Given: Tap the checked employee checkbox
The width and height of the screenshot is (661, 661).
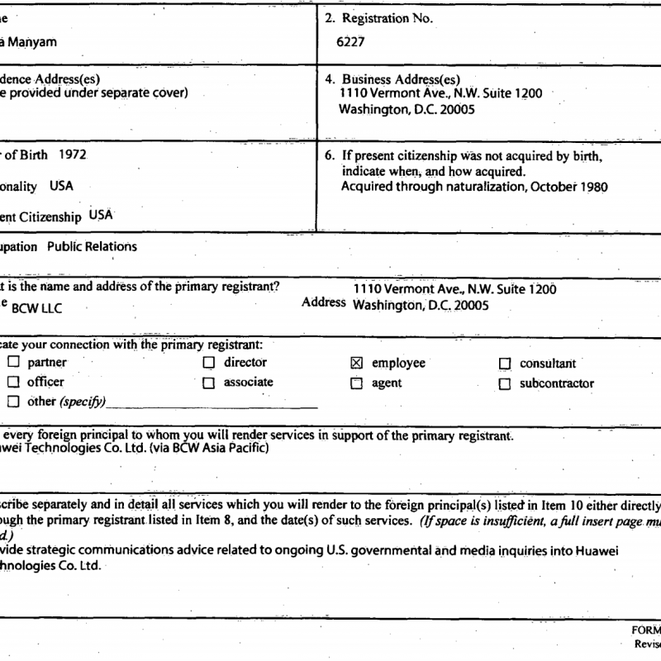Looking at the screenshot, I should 357,364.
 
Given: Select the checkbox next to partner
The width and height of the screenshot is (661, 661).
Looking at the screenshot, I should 13,363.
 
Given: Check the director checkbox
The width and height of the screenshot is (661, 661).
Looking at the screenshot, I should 209,363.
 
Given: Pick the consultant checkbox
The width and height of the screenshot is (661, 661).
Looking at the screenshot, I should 505,364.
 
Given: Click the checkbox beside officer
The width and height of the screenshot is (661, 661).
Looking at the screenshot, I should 13,383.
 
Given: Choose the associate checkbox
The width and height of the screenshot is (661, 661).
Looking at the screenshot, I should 209,383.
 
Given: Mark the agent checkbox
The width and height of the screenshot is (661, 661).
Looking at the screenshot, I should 357,383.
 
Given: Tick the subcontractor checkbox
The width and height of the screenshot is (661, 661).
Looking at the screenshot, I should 505,383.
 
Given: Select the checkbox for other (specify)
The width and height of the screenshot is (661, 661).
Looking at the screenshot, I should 13,402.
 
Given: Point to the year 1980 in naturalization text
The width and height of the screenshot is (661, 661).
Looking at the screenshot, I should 592,187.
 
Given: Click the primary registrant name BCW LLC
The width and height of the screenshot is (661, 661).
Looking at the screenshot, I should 41,309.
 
